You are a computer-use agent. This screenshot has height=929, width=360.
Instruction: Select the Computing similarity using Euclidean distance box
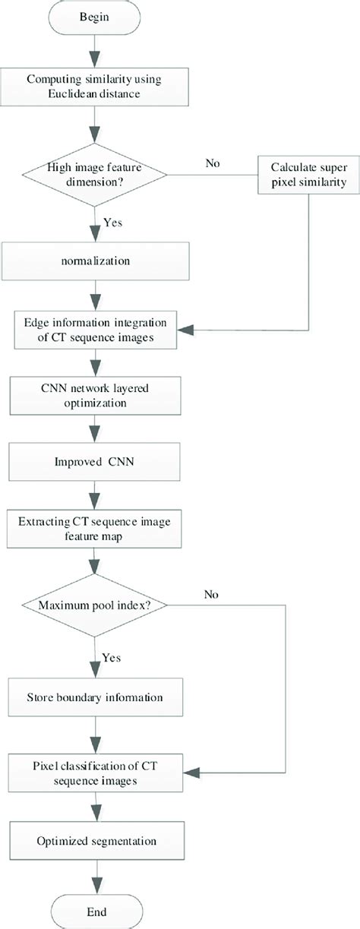[x=93, y=88]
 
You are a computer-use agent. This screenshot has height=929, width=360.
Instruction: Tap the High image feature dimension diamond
[x=93, y=175]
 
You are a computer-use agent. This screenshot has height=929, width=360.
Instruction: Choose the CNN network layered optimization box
[x=93, y=395]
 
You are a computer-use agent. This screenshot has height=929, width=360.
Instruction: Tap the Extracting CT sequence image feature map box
[x=93, y=529]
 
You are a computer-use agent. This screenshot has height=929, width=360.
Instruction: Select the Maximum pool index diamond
[x=93, y=606]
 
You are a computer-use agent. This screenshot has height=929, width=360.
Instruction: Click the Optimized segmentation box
[x=93, y=842]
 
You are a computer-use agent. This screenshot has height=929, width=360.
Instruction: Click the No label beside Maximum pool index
[x=213, y=595]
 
